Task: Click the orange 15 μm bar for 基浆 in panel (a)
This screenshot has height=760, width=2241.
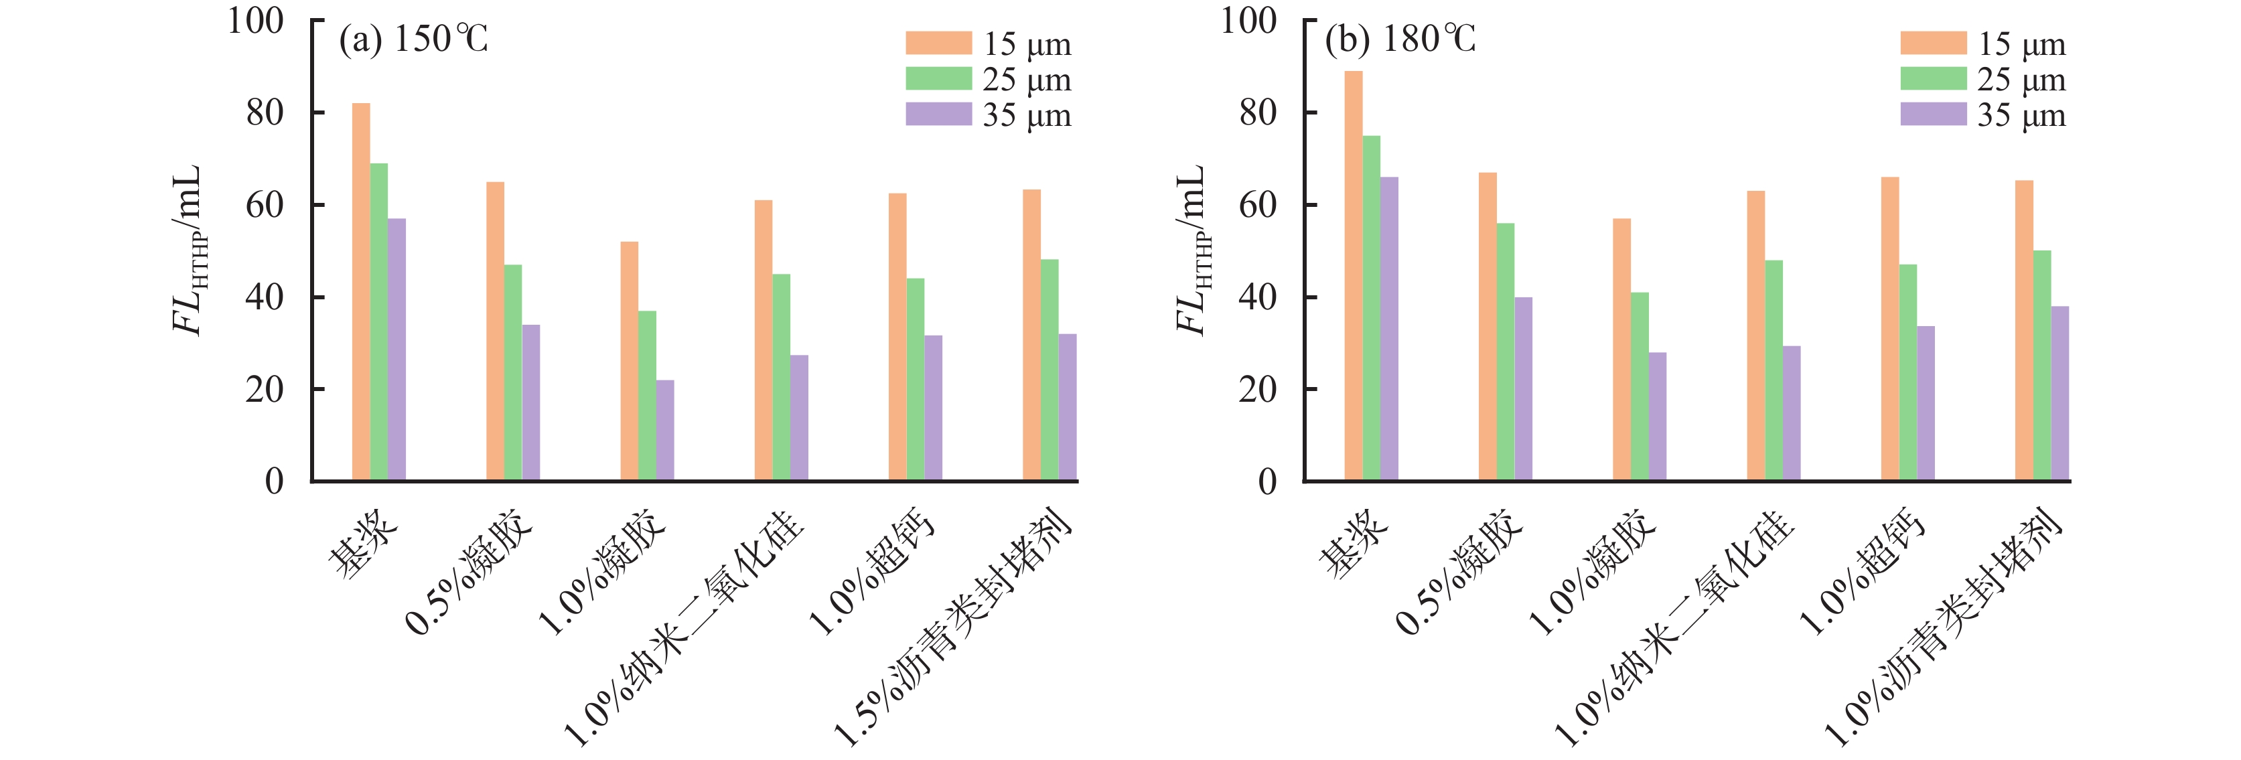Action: coord(361,291)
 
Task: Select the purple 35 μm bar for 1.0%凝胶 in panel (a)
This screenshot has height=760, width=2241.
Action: coord(664,430)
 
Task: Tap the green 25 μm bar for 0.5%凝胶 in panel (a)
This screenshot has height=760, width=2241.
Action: coord(513,372)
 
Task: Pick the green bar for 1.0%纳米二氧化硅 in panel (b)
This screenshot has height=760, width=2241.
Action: coord(1773,370)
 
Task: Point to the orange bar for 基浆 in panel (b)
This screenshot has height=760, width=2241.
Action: coord(1354,276)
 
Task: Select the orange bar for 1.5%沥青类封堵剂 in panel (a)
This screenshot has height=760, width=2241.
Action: coord(1032,335)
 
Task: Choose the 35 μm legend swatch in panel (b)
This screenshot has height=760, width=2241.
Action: coord(1933,115)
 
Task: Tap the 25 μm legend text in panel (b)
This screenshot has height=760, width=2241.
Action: coord(2021,80)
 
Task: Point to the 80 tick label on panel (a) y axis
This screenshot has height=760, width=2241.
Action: coord(265,112)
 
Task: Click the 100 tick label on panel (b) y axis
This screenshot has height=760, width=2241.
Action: coord(1248,21)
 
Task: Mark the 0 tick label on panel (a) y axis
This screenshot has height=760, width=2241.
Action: coord(274,481)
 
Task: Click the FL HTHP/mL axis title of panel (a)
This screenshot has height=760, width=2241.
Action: coord(189,250)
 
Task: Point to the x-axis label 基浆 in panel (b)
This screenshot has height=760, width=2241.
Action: coord(1354,544)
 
